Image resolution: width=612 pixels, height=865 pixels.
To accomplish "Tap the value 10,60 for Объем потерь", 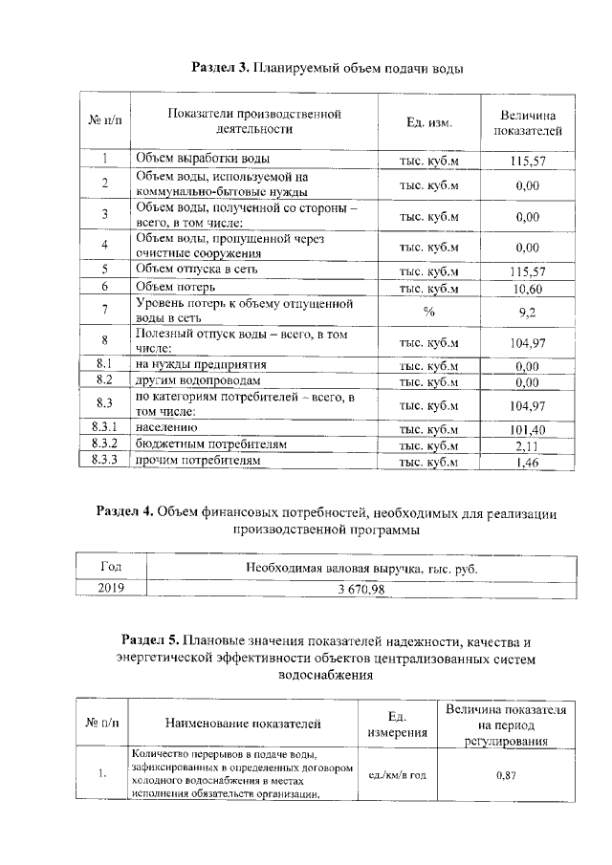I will (528, 288).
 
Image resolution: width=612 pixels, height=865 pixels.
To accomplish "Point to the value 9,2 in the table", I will (528, 311).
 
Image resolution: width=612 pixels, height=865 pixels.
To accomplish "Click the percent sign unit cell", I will (428, 311).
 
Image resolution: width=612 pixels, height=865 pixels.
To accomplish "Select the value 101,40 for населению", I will (528, 429).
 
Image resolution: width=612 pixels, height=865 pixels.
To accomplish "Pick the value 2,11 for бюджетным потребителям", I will (528, 445).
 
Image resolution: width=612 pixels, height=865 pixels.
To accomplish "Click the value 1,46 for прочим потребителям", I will (528, 463).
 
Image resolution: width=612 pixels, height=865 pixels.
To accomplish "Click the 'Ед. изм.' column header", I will (428, 123).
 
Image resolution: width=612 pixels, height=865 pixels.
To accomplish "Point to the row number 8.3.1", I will (102, 429).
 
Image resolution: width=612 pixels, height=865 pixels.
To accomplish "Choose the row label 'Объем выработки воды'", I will (202, 159).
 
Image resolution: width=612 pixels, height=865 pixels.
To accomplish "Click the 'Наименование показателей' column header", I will (243, 724).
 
